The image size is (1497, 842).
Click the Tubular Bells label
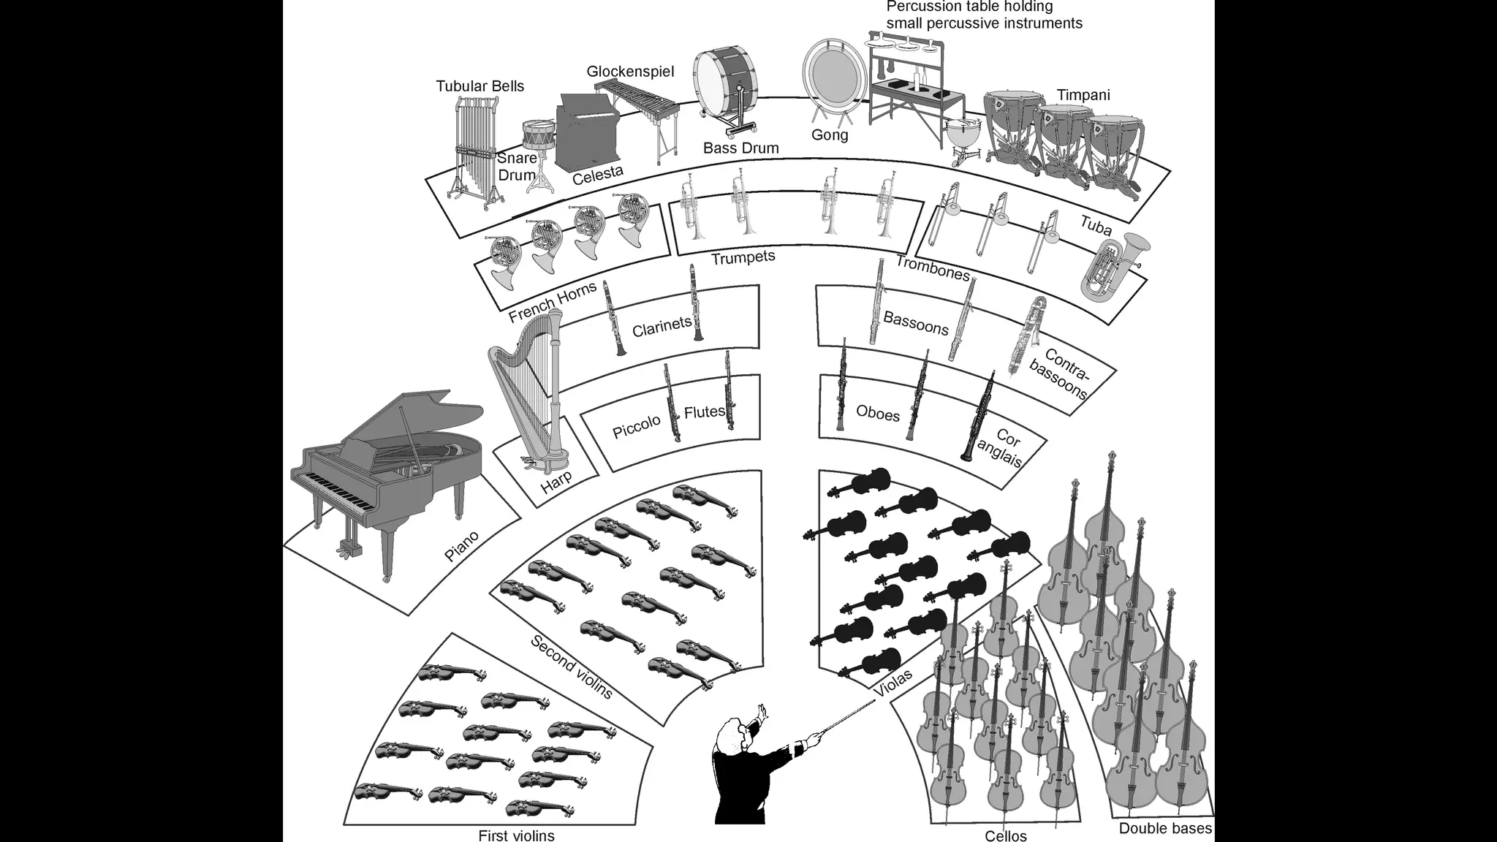[x=480, y=86]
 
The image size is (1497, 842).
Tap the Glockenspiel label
[x=630, y=72]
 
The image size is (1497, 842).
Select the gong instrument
[x=831, y=75]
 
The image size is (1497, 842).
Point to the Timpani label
[x=1083, y=95]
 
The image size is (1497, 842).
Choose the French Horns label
[x=553, y=301]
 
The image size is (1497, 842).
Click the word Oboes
[x=877, y=414]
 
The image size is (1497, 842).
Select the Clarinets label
[x=662, y=327]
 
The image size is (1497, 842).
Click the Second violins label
[x=571, y=667]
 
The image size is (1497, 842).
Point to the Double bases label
[x=1165, y=828]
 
